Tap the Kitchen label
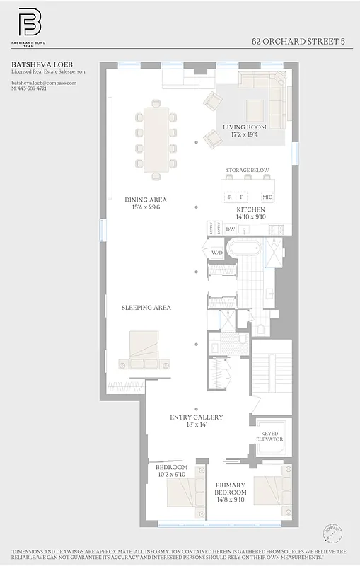pyautogui.click(x=250, y=210)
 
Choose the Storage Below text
pyautogui.click(x=248, y=171)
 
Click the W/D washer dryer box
pyautogui.click(x=217, y=253)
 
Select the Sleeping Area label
pyautogui.click(x=146, y=308)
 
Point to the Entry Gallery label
pyautogui.click(x=196, y=417)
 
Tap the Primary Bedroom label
pyautogui.click(x=231, y=488)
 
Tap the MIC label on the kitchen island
pyautogui.click(x=267, y=197)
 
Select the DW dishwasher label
pyautogui.click(x=230, y=229)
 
